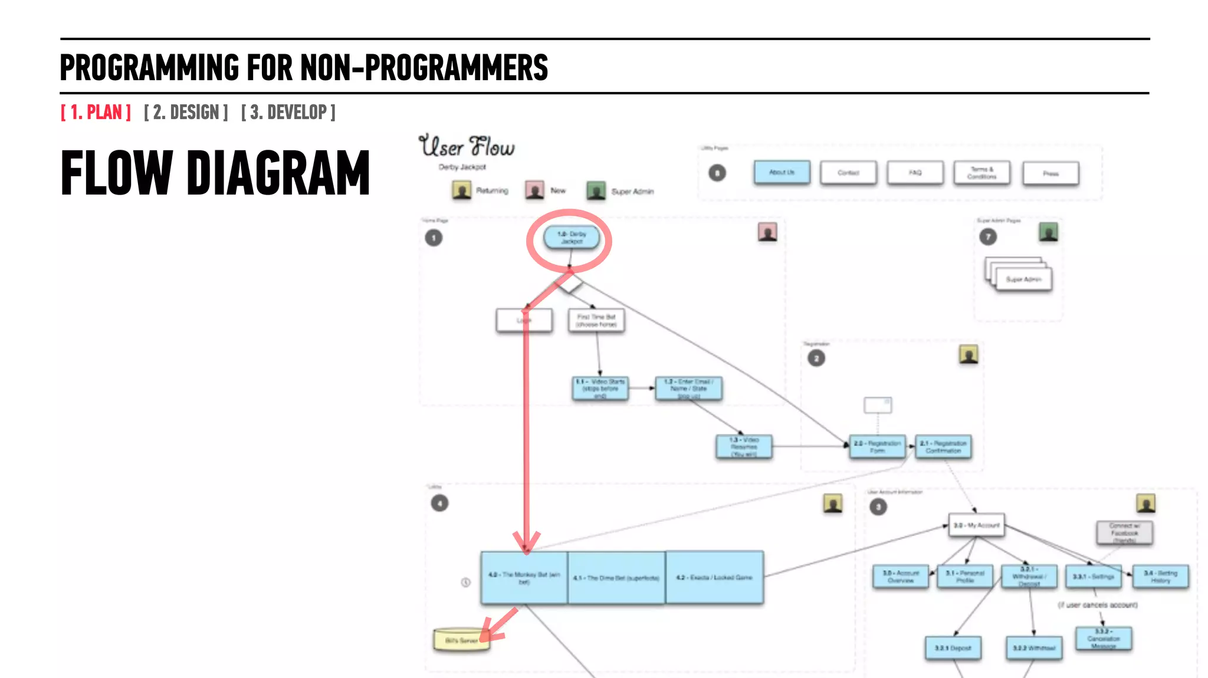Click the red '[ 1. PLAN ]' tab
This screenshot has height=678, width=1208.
tap(96, 112)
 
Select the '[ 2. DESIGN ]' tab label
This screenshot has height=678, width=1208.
tap(186, 112)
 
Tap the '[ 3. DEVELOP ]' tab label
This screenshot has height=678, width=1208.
tap(288, 112)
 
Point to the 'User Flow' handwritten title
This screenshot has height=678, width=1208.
tap(467, 146)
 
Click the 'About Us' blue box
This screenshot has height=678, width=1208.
tap(782, 172)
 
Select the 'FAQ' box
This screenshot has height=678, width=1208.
tap(915, 173)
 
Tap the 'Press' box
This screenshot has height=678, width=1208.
tap(1051, 173)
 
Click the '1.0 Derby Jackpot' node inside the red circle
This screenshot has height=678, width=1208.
tap(571, 237)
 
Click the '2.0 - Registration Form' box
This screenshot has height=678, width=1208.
tap(877, 447)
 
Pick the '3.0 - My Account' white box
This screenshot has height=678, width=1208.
tap(976, 525)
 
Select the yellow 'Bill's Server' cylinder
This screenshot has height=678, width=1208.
tap(461, 640)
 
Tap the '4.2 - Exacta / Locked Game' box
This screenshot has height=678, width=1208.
tap(714, 577)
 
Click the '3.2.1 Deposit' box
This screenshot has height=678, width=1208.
tap(953, 648)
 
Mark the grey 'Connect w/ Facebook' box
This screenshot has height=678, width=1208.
tap(1124, 533)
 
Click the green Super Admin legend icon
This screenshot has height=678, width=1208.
tap(596, 190)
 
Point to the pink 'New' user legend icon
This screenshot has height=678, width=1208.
tap(535, 190)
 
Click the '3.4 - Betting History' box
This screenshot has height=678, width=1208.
tap(1160, 577)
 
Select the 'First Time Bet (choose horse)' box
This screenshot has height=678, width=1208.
tap(596, 321)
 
